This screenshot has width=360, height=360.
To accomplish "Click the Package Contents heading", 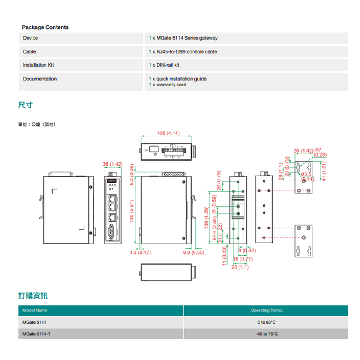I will pyautogui.click(x=45, y=27).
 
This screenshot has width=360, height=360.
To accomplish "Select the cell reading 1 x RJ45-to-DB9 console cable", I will pyautogui.click(x=183, y=52).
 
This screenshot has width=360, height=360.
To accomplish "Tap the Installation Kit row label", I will pyautogui.click(x=38, y=65).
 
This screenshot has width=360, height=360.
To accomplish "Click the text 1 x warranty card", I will pyautogui.click(x=167, y=85).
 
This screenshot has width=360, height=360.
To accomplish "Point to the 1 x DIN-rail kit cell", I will pyautogui.click(x=164, y=65).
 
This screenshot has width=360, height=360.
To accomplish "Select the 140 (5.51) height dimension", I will pyautogui.click(x=132, y=211).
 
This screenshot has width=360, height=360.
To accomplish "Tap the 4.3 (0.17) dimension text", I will pyautogui.click(x=140, y=253).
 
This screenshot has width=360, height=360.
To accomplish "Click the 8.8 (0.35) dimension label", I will pyautogui.click(x=193, y=253).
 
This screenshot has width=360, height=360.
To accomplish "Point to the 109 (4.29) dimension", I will pyautogui.click(x=207, y=217).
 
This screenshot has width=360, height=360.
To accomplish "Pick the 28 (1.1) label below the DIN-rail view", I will pyautogui.click(x=240, y=267).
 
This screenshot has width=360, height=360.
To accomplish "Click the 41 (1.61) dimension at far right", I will pyautogui.click(x=324, y=171).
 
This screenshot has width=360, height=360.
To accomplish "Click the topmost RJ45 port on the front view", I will pyautogui.click(x=112, y=198).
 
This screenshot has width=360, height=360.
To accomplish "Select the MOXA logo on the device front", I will pyautogui.click(x=111, y=179).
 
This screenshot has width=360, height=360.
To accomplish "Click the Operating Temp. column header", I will pyautogui.click(x=266, y=310).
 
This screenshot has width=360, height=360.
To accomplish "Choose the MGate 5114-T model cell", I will pyautogui.click(x=36, y=334).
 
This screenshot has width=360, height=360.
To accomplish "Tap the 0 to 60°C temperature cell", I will pyautogui.click(x=266, y=322).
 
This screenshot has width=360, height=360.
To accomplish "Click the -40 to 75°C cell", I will pyautogui.click(x=266, y=334).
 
